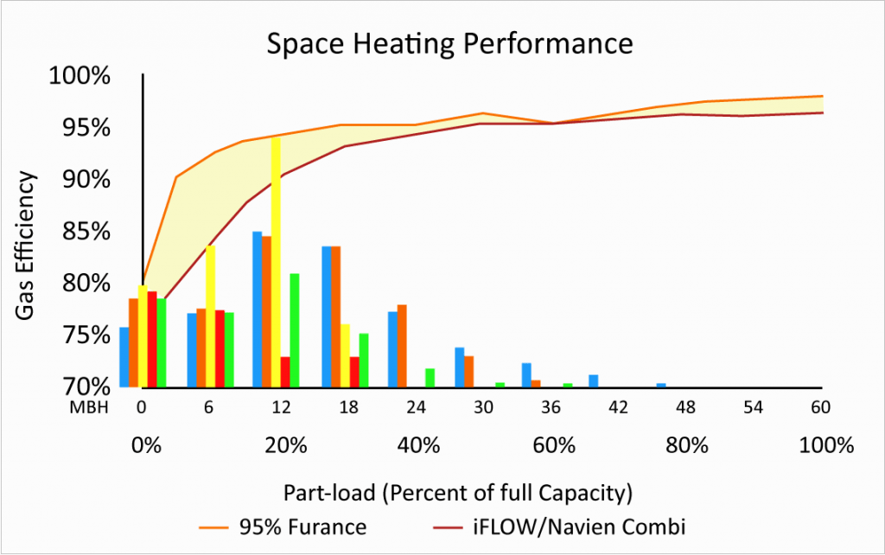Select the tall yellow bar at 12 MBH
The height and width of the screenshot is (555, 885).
[276, 259]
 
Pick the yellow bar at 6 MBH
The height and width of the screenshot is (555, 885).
[210, 316]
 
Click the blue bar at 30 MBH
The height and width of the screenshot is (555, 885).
[460, 367]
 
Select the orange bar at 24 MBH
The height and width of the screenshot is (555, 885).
[402, 346]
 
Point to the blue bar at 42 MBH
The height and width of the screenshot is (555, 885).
[594, 381]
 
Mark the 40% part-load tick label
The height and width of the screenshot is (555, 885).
[419, 447]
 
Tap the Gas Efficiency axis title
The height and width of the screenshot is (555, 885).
[28, 246]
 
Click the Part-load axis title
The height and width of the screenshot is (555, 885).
[459, 494]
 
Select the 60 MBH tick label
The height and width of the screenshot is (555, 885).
[822, 409]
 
